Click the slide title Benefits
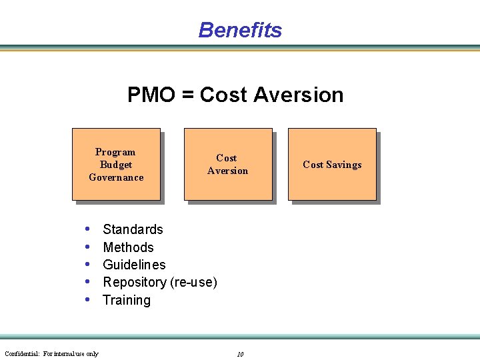pyautogui.click(x=240, y=30)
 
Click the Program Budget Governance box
pyautogui.click(x=116, y=164)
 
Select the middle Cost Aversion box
pyautogui.click(x=228, y=164)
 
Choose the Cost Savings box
pyautogui.click(x=332, y=164)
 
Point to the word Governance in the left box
pyautogui.click(x=116, y=177)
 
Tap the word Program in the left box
pyautogui.click(x=115, y=152)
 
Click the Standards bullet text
pyautogui.click(x=133, y=229)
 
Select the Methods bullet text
pyautogui.click(x=128, y=247)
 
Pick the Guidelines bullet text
pyautogui.click(x=134, y=265)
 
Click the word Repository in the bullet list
pyautogui.click(x=135, y=283)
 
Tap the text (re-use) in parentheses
pyautogui.click(x=194, y=283)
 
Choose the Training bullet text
pyautogui.click(x=127, y=300)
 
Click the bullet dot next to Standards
pyautogui.click(x=88, y=229)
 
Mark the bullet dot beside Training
pyautogui.click(x=88, y=300)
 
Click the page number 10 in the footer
pyautogui.click(x=240, y=354)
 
